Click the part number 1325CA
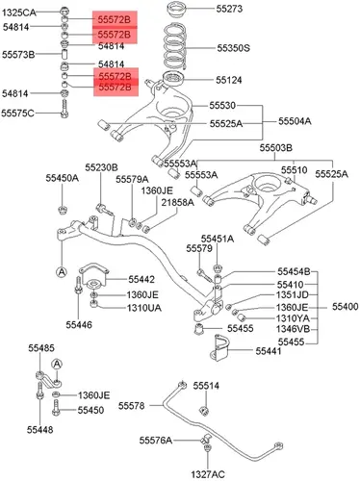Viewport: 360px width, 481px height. click(x=19, y=13)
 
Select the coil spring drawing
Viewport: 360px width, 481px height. click(x=175, y=46)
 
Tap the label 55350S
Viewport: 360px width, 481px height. click(x=233, y=48)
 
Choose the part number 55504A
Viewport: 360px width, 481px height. click(x=295, y=121)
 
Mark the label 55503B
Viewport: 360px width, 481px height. click(x=276, y=148)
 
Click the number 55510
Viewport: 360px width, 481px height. click(x=295, y=170)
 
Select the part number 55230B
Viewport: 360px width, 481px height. click(x=101, y=167)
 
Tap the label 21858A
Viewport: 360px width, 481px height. click(x=177, y=202)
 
